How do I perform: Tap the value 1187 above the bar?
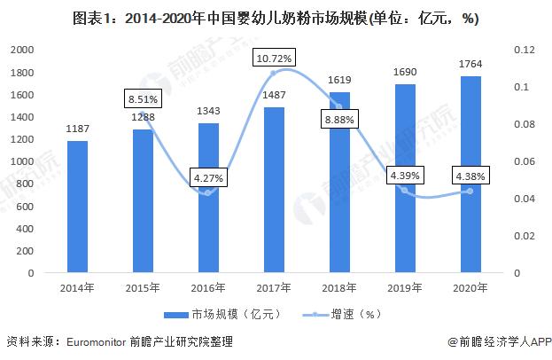tap(76, 129)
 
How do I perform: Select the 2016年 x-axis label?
tap(207, 287)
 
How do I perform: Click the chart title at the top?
tap(276, 15)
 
